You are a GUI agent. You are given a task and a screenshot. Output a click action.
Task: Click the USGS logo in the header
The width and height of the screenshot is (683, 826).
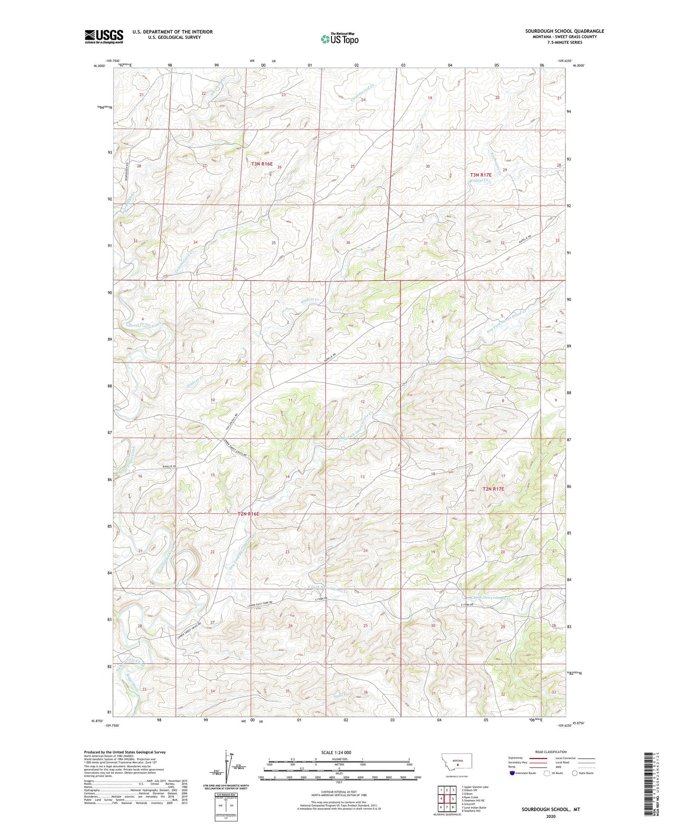[104, 36]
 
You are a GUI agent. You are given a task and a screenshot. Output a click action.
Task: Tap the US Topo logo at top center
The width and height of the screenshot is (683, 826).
[339, 39]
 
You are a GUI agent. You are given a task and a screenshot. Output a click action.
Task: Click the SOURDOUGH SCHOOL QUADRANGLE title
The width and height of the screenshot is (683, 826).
[565, 31]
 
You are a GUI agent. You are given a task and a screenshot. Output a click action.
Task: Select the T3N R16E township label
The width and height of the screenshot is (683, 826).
[262, 164]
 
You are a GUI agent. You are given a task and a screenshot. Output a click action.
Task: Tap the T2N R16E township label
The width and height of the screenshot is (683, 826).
[248, 514]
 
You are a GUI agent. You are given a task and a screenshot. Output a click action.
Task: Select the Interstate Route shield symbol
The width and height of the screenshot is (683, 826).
[512, 773]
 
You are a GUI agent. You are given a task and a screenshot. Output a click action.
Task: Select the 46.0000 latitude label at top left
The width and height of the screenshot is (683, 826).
[99, 66]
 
